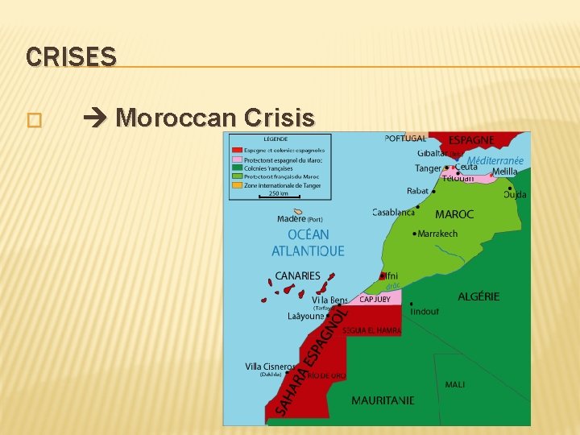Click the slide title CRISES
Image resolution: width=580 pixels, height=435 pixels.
pyautogui.click(x=71, y=57)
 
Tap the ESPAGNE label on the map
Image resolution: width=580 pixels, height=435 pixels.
pyautogui.click(x=471, y=139)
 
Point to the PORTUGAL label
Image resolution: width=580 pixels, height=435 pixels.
pyautogui.click(x=405, y=139)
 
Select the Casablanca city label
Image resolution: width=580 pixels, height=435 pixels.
pyautogui.click(x=393, y=213)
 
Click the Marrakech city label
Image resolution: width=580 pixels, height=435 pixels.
pyautogui.click(x=438, y=234)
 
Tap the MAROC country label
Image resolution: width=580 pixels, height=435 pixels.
pyautogui.click(x=454, y=214)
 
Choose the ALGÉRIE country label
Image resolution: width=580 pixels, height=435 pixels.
pyautogui.click(x=478, y=296)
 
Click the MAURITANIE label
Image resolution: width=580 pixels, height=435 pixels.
pyautogui.click(x=383, y=400)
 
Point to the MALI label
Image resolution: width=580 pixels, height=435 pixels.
pyautogui.click(x=454, y=384)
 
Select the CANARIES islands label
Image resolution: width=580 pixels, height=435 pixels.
pyautogui.click(x=297, y=275)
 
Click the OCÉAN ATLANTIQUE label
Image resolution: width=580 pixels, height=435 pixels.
pyautogui.click(x=308, y=242)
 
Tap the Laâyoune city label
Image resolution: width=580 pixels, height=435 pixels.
pyautogui.click(x=306, y=317)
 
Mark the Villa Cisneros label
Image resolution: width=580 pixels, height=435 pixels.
pyautogui.click(x=271, y=367)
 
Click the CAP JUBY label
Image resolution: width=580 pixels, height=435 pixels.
pyautogui.click(x=375, y=299)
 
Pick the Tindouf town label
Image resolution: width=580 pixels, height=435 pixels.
pyautogui.click(x=425, y=311)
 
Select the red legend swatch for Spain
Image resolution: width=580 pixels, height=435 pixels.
pyautogui.click(x=237, y=150)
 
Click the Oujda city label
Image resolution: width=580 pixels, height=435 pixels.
pyautogui.click(x=515, y=194)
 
